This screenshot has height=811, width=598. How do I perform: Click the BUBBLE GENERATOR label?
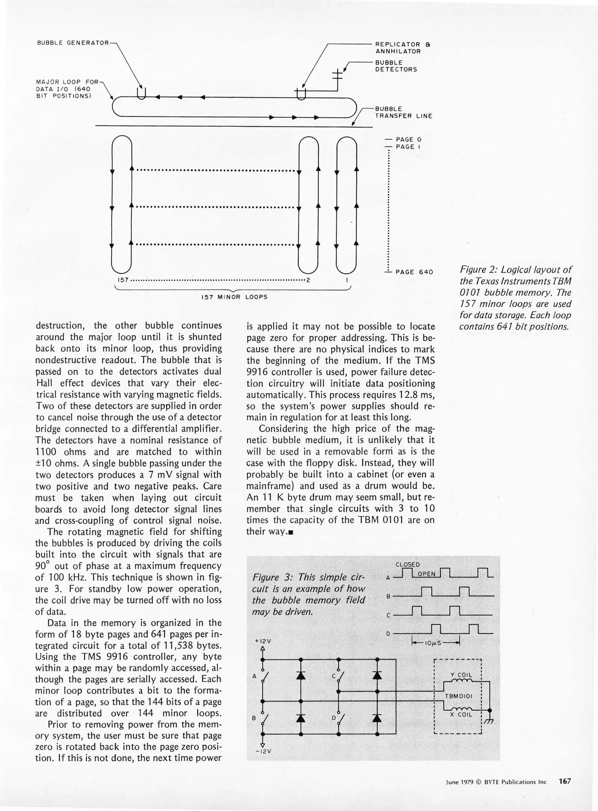[x=73, y=43]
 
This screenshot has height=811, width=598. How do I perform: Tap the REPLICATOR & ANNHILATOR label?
[x=403, y=48]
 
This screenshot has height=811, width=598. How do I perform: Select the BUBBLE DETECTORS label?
[x=396, y=66]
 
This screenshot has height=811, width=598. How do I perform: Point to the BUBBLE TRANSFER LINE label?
[x=403, y=113]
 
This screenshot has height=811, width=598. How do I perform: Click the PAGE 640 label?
[x=414, y=272]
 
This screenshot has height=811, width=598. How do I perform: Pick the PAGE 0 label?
[x=408, y=139]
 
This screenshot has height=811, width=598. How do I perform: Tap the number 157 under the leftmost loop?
[x=123, y=280]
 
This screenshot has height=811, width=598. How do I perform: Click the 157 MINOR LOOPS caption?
[x=234, y=297]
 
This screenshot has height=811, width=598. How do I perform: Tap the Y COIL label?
[x=461, y=675]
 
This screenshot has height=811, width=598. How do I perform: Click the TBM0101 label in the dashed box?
[x=458, y=696]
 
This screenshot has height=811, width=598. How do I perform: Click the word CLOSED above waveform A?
[x=408, y=564]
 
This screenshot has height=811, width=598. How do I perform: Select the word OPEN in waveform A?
[x=426, y=574]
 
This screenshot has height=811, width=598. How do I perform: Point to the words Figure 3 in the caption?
[x=268, y=577]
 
